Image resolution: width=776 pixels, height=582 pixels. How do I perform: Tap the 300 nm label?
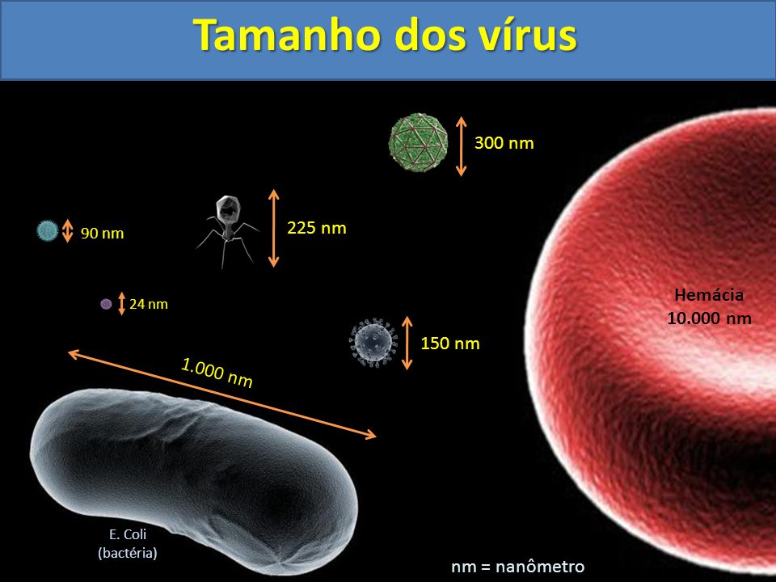click(504, 143)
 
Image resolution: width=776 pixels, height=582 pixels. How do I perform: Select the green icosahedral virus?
click(417, 144)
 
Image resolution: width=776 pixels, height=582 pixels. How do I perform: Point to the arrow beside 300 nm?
click(462, 146)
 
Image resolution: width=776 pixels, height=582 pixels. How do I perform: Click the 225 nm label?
click(317, 228)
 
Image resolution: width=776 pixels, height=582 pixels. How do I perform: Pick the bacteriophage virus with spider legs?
click(226, 228)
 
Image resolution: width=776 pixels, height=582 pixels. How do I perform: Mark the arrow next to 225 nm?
click(274, 228)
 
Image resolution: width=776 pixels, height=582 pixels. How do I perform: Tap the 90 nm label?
click(103, 234)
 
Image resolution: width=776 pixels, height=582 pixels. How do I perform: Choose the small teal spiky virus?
click(47, 231)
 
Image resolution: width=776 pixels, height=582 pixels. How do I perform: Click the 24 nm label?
click(149, 305)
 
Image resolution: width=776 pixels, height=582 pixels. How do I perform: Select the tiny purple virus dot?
click(106, 304)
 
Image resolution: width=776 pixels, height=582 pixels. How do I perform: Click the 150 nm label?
click(450, 344)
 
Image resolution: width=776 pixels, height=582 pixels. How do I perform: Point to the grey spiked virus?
click(373, 342)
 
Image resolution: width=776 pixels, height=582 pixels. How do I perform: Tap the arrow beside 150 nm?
click(407, 343)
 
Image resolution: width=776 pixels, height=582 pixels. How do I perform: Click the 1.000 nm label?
click(217, 373)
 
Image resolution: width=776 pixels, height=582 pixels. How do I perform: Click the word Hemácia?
click(709, 295)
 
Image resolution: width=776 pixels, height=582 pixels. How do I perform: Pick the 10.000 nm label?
click(709, 318)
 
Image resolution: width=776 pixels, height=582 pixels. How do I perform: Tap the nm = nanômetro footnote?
click(517, 566)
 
